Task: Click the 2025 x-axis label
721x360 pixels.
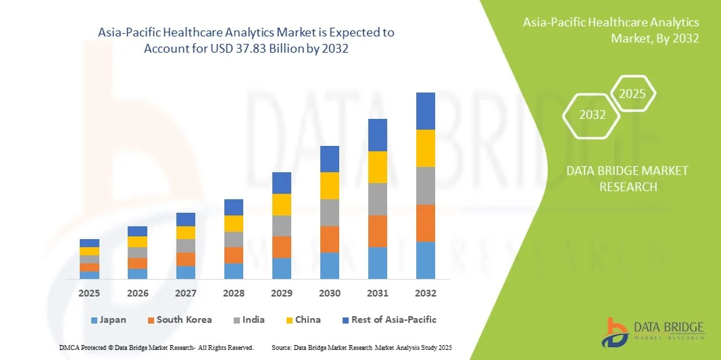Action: click(x=89, y=293)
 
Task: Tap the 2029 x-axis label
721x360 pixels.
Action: click(x=282, y=293)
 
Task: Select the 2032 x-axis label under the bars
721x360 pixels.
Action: click(x=426, y=293)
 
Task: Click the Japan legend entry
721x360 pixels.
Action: click(x=108, y=319)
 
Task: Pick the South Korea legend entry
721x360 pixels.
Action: click(x=179, y=319)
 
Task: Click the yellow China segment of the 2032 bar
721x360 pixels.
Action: click(x=426, y=148)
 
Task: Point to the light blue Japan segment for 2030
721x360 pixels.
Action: click(x=330, y=265)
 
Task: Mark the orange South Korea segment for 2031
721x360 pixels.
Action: click(x=378, y=231)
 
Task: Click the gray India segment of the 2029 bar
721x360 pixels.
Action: click(x=282, y=226)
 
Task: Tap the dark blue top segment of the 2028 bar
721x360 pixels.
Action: click(x=234, y=207)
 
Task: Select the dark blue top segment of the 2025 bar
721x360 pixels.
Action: click(x=89, y=243)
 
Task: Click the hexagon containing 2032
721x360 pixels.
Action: click(x=593, y=115)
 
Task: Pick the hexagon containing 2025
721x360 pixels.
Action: click(x=632, y=94)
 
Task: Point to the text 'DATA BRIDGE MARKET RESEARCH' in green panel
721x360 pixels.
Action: click(x=628, y=178)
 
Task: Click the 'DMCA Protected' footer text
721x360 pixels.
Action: click(x=156, y=347)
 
